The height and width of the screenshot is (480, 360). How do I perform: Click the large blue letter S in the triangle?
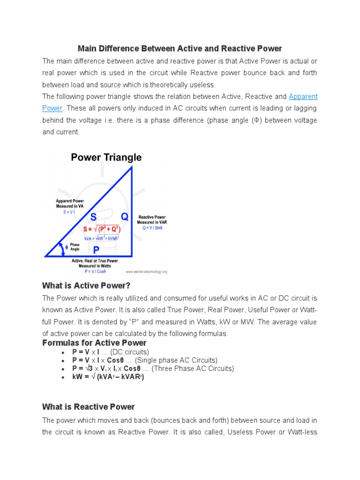(x=93, y=217)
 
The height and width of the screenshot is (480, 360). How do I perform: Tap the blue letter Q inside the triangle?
(x=124, y=217)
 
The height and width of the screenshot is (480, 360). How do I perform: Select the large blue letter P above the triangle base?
(x=96, y=250)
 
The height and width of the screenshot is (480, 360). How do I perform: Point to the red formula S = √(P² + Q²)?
(x=102, y=229)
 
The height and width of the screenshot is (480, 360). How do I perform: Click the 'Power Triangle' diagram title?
(x=106, y=157)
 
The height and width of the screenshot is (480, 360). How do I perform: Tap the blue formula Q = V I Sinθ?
(x=153, y=228)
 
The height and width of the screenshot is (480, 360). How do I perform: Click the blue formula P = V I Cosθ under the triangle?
(x=95, y=271)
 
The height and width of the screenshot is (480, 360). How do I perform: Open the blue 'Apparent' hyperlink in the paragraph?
(x=303, y=97)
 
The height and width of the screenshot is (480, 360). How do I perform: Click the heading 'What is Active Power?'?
(x=86, y=285)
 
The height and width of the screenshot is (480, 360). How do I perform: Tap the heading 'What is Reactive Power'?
(x=88, y=407)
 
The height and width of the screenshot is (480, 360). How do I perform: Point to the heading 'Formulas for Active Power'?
(x=94, y=343)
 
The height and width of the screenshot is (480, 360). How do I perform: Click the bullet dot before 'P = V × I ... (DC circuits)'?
(x=62, y=352)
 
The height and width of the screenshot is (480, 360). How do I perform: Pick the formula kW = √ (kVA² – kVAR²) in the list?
(x=108, y=377)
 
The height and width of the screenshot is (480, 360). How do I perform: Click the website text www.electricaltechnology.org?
(x=146, y=271)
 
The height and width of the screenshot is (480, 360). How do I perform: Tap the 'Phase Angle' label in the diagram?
(x=75, y=247)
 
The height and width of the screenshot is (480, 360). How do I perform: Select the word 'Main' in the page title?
(x=88, y=49)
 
